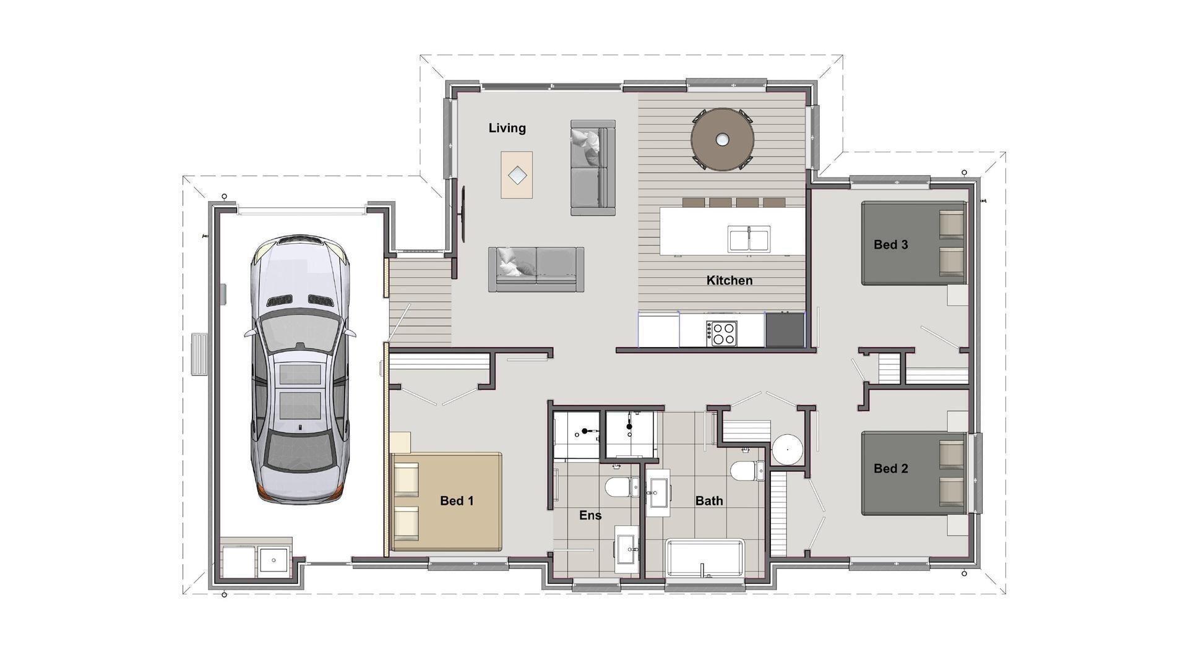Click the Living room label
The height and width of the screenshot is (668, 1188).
tap(507, 128)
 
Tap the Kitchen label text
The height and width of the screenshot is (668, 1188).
tap(730, 280)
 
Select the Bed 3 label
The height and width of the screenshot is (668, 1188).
tap(890, 244)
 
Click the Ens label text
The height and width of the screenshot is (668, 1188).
tap(590, 515)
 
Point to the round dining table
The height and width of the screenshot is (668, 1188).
tap(722, 139)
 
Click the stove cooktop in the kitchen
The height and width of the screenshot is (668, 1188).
tap(723, 333)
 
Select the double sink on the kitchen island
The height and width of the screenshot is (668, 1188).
tap(749, 239)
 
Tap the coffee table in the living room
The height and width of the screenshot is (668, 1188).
tap(517, 175)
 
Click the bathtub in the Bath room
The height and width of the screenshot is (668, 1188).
tap(705, 559)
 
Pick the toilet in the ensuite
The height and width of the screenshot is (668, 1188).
tap(621, 487)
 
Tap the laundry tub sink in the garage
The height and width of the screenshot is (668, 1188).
tap(273, 560)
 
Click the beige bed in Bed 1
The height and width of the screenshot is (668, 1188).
tap(447, 502)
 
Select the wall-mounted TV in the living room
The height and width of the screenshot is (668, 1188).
tap(463, 214)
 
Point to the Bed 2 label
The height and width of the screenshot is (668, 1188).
tap(890, 468)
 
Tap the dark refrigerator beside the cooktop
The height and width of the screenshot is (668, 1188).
tap(784, 330)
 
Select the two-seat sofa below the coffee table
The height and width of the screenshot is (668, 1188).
tap(536, 269)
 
